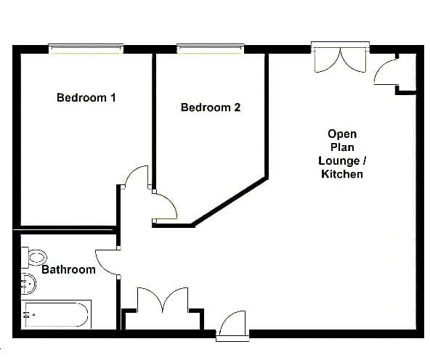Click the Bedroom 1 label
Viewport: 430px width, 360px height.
click(86, 97)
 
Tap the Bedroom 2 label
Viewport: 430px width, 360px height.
click(211, 107)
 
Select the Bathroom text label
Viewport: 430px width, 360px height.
click(68, 269)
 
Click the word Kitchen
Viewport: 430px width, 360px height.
click(342, 174)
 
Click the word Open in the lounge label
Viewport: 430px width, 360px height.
click(342, 134)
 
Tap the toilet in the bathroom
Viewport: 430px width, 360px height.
click(34, 258)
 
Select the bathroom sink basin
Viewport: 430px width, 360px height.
click(28, 284)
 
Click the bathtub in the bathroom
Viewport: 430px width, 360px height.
click(56, 314)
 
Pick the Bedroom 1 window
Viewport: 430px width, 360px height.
click(86, 49)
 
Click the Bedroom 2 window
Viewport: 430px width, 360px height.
click(211, 49)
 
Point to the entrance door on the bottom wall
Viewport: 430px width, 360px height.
click(232, 326)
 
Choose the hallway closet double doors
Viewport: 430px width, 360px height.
click(163, 300)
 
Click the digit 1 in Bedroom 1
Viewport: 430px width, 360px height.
click(113, 97)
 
